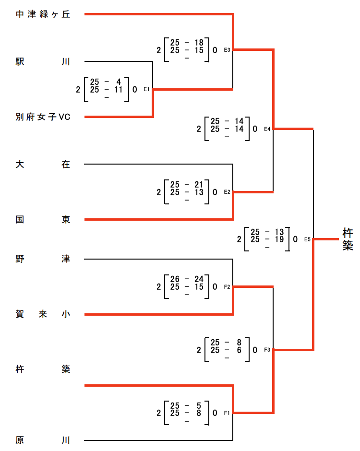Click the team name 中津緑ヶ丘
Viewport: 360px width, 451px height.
coord(43,14)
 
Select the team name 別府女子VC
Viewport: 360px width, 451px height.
coord(43,117)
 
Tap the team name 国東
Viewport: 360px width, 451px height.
coord(43,219)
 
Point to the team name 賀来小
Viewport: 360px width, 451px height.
coord(43,314)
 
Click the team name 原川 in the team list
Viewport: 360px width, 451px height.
coord(43,440)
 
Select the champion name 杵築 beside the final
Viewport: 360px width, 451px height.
coord(348,239)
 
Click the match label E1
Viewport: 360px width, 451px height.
coord(147,89)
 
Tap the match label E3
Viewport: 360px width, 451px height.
coord(228,49)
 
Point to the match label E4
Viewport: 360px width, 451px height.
coord(267,129)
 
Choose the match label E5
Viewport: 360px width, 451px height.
coord(308,239)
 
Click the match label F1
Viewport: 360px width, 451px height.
coord(228,413)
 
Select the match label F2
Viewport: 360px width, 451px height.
coord(228,287)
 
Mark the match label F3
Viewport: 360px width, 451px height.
coord(267,350)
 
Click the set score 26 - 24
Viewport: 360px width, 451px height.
coord(187,279)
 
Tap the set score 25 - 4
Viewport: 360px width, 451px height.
coord(106,82)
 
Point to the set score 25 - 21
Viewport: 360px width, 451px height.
coord(187,184)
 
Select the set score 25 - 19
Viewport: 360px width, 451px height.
coord(267,239)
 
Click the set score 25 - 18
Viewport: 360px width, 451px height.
coord(187,42)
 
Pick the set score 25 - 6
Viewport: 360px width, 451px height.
coord(227,350)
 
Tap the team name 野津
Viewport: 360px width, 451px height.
coord(43,259)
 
